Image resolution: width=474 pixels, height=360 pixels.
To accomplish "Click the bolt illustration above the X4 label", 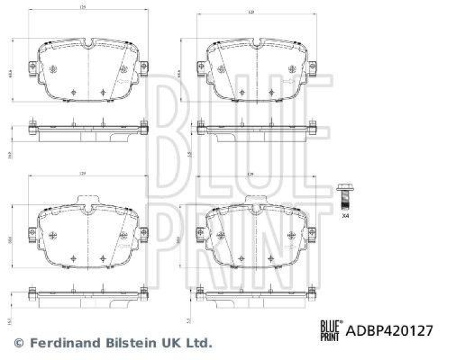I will pos(343,196).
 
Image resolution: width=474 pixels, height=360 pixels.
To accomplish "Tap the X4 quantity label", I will pos(345,217).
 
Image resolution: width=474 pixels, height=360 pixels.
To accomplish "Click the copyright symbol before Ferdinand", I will pos(19,342).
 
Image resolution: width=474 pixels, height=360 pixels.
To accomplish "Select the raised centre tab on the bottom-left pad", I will pos(88,200).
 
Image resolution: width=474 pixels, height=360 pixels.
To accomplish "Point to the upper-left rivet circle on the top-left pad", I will pos(54,68).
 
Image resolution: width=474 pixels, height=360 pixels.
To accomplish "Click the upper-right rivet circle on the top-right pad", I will pos(290,68).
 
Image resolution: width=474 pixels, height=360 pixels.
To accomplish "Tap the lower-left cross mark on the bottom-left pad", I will pos(73,258).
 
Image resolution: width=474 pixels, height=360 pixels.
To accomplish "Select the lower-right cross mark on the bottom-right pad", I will pos(270,258).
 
